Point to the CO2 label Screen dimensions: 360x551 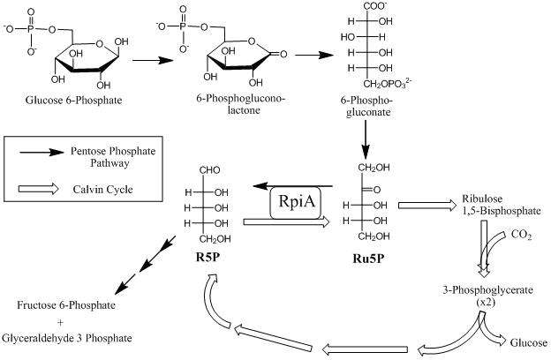pyautogui.click(x=522, y=236)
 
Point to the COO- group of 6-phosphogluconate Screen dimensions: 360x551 pyautogui.click(x=388, y=8)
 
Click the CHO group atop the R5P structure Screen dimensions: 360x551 pyautogui.click(x=208, y=174)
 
